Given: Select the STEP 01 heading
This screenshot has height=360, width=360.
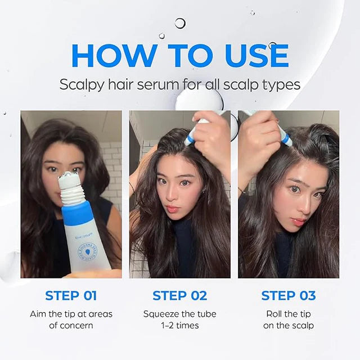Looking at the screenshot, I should coord(71,295).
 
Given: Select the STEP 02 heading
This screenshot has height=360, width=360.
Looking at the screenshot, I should coord(180,295).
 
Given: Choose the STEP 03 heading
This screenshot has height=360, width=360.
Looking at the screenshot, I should coord(289,295).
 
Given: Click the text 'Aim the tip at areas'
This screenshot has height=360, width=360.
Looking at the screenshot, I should coord(71,314).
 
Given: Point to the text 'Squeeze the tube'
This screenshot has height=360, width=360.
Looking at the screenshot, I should coord(180,314).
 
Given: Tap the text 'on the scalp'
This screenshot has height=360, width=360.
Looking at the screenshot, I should coord(289,325).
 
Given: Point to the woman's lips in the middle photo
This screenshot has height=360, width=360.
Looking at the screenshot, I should coord(172,209).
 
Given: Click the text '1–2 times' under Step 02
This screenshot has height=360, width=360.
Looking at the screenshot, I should coord(180,325).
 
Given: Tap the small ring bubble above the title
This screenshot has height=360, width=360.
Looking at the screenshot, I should coord(180,23).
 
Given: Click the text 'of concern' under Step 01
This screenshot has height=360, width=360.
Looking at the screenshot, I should coord(71,325).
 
